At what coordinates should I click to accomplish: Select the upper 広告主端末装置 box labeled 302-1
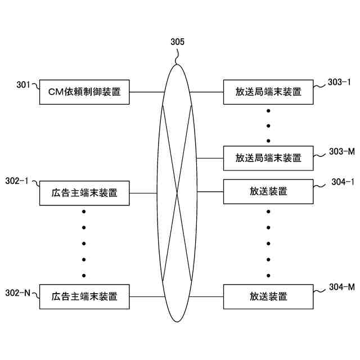click(x=84, y=193)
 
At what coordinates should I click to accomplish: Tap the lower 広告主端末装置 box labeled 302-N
click(x=84, y=296)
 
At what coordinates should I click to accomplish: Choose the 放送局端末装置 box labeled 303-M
click(x=268, y=158)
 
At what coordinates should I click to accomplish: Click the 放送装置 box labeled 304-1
click(x=268, y=191)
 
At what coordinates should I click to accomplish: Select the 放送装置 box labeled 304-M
click(x=268, y=296)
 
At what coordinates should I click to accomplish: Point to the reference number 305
click(x=177, y=42)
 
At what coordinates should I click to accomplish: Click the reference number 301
click(x=23, y=85)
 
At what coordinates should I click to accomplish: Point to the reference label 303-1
click(x=339, y=82)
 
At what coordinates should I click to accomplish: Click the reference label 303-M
click(x=340, y=152)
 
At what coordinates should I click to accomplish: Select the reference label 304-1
click(x=343, y=182)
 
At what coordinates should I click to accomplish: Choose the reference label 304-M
click(x=341, y=287)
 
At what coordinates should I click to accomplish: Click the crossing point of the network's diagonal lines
click(x=177, y=193)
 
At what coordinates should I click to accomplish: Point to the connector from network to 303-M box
click(x=211, y=158)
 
